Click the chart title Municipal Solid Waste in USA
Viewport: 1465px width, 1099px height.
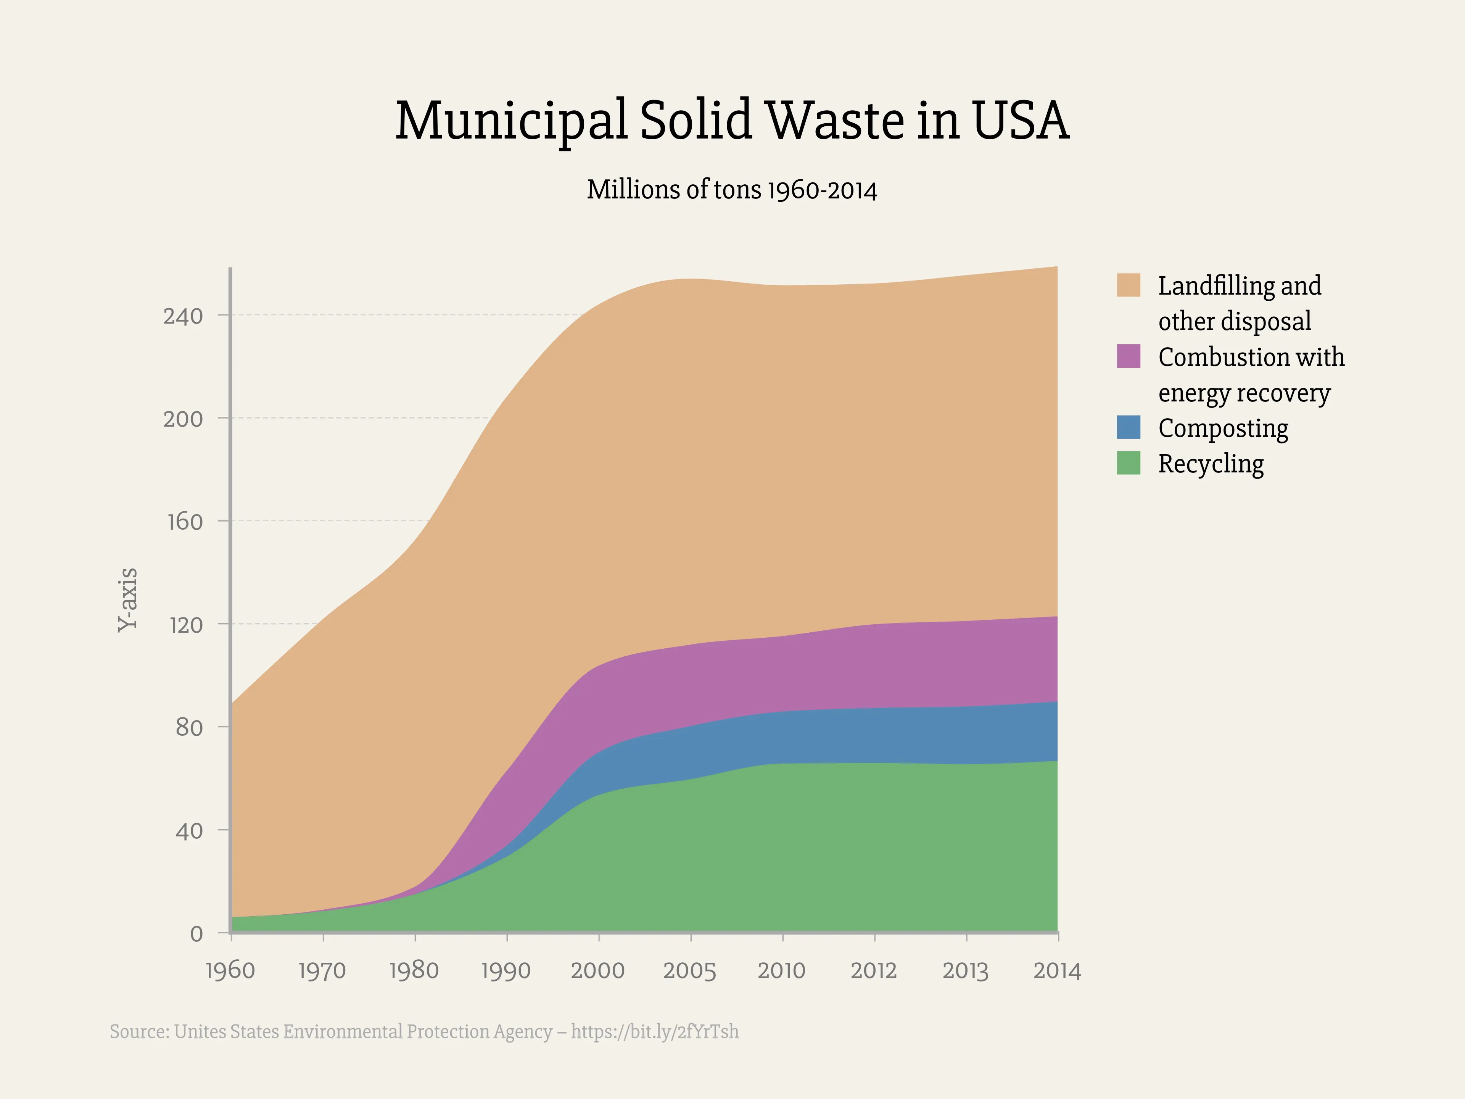coord(732,121)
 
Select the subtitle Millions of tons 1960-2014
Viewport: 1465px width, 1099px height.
coord(732,190)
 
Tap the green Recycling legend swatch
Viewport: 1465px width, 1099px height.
coord(1128,463)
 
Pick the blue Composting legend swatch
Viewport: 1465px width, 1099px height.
coord(1128,427)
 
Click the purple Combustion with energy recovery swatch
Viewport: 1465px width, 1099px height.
coord(1128,356)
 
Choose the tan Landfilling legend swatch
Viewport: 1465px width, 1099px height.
coord(1128,285)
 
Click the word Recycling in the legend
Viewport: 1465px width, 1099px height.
coord(1211,464)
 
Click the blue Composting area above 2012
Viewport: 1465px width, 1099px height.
coord(874,735)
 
